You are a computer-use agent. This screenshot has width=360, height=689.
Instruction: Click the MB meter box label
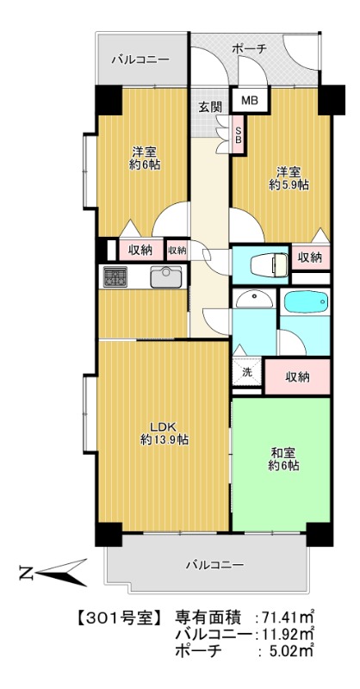pos(249,101)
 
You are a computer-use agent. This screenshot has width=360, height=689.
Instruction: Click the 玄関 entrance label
pos(210,107)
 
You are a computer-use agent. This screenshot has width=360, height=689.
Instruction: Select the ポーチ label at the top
pos(250,49)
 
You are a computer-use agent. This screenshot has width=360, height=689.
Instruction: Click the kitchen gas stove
pos(115,276)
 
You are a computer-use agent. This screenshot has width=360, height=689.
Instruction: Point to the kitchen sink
pos(165,276)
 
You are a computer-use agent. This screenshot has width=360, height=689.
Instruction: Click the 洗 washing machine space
pos(246,373)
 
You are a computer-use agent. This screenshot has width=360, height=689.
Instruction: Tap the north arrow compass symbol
pos(52,571)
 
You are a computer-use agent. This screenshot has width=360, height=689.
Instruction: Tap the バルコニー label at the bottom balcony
pos(214,565)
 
